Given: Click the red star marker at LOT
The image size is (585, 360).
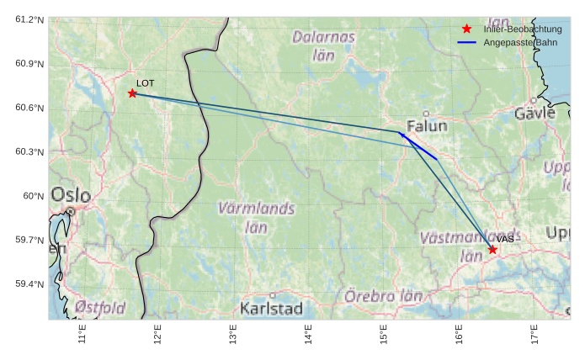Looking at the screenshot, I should pos(132,93).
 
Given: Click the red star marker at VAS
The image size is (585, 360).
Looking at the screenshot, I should pos(492,250).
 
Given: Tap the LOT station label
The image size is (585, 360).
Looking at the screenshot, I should pos(146,83).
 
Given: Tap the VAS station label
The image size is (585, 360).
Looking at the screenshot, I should pos(505,240).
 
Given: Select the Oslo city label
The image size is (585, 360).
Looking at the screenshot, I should pos(71,195).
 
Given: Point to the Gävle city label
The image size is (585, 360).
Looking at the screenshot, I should pos(535,113).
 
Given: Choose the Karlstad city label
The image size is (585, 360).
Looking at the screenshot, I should pos(271,309).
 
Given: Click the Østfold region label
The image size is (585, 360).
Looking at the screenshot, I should pos(99,307).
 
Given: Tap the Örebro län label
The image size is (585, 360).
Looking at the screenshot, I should pos(383,296).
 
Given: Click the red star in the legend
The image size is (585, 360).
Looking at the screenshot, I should pos(467,29).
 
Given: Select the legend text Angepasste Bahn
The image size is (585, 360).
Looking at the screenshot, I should pos(520,42).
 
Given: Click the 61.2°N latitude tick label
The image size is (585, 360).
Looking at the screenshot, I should pos(29,19).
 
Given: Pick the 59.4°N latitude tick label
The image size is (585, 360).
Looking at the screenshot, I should pos(29,284).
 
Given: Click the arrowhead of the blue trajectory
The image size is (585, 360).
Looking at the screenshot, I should pos(401,134).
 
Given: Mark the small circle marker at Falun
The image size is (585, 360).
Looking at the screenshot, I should pos(426,114).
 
